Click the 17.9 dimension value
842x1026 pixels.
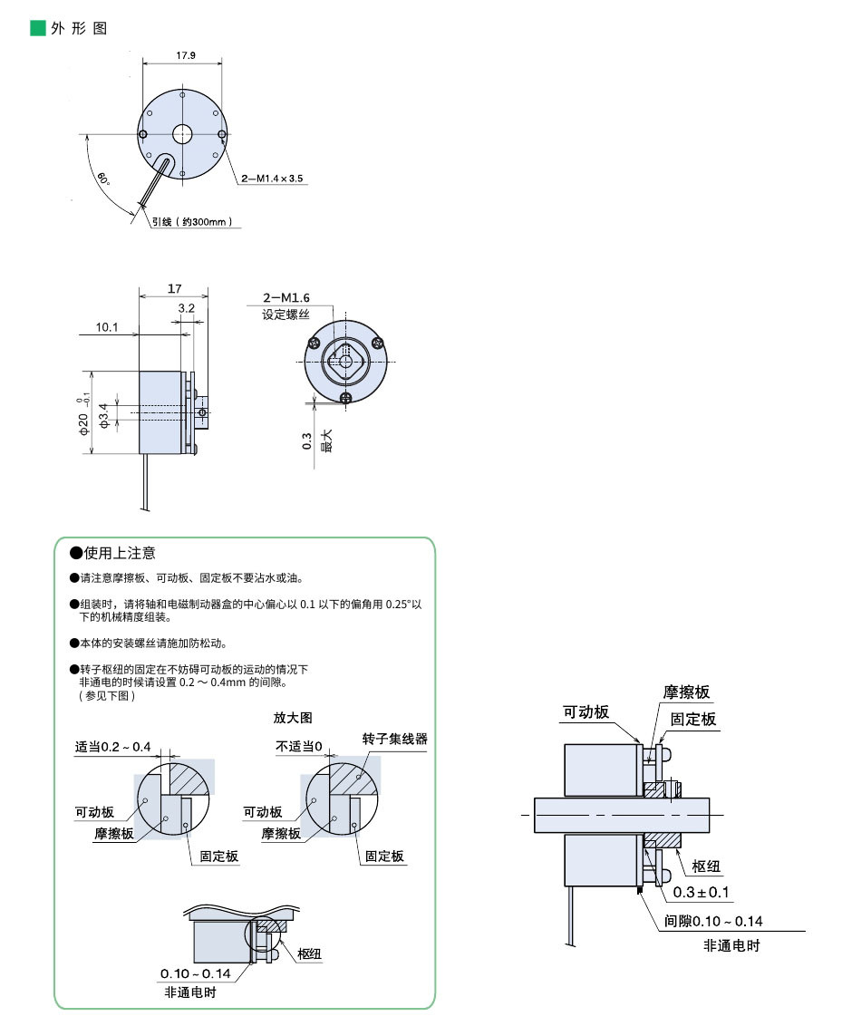(184, 55)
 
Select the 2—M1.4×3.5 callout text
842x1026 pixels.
(272, 179)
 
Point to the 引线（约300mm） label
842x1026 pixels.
(192, 221)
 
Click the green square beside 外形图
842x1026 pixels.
(37, 28)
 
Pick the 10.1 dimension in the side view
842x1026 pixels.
(107, 327)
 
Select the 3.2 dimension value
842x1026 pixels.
(187, 308)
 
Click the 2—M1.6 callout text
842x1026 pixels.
(286, 298)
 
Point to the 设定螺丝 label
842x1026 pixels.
(286, 315)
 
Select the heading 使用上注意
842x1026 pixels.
(119, 553)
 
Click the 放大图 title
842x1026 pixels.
(293, 717)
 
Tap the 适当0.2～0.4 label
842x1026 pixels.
(113, 747)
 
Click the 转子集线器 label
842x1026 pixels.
(394, 739)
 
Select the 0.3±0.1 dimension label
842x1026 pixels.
(702, 893)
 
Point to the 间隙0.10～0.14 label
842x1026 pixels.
(713, 922)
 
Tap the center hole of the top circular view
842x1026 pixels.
(182, 134)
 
